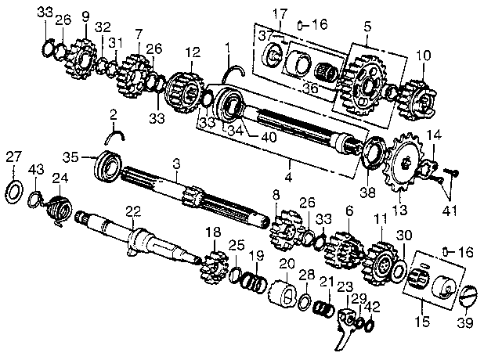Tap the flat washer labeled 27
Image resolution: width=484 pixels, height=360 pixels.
coord(14,190)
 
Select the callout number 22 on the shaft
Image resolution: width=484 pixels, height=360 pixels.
coord(132,211)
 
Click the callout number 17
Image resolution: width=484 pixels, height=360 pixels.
coord(280,13)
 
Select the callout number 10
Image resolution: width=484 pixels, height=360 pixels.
coord(423,55)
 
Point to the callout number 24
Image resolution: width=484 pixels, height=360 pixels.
coord(60,178)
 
